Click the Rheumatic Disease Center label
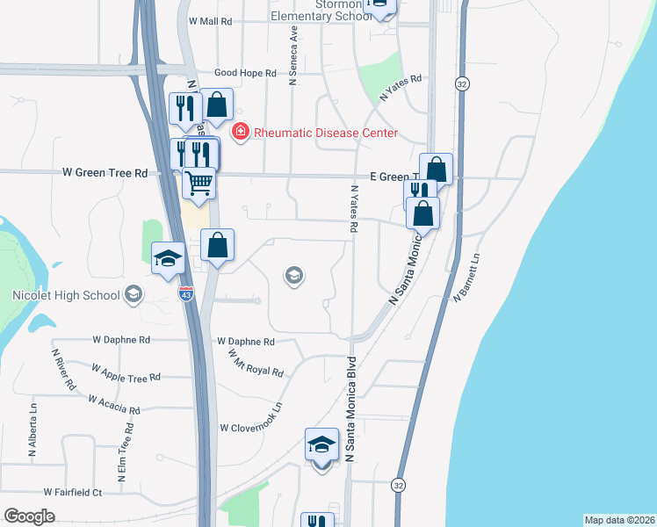point(326,134)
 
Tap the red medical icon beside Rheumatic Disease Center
point(238,133)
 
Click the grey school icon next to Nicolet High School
point(134,293)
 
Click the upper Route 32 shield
point(461,83)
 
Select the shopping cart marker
point(199,184)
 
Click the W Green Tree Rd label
point(105,173)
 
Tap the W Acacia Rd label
point(114,405)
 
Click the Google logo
point(29,516)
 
